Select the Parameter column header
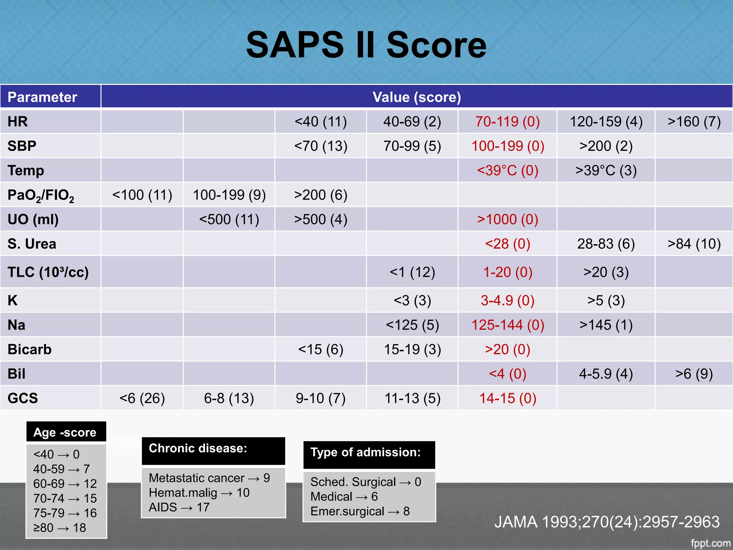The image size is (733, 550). [x=42, y=97]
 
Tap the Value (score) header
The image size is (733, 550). [x=417, y=97]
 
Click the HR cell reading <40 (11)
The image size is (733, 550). [x=321, y=122]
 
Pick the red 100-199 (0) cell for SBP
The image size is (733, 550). [x=508, y=146]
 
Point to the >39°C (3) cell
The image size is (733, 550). [x=606, y=170]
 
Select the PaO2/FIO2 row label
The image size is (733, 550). [x=41, y=195]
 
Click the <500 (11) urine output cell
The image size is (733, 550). [x=229, y=219]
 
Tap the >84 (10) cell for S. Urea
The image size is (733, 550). [x=694, y=244]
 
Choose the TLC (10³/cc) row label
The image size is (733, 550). [x=48, y=272]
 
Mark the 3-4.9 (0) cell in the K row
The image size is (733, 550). [x=508, y=300]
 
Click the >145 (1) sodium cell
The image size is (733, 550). [x=606, y=325]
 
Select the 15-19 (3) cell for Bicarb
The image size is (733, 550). [x=412, y=349]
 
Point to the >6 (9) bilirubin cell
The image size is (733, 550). [x=694, y=374]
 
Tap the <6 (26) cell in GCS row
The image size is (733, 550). [x=142, y=398]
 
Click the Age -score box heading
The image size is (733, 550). [x=65, y=432]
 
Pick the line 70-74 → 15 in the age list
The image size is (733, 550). [x=65, y=498]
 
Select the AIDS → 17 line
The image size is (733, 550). [x=179, y=507]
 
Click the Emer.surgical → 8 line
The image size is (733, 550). [x=360, y=511]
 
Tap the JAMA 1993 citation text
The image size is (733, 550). [x=607, y=522]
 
